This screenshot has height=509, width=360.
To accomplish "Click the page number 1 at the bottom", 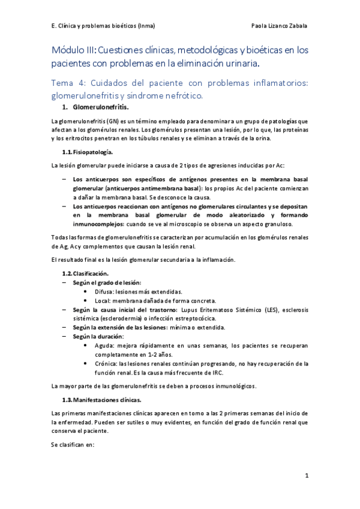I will coord(306,476).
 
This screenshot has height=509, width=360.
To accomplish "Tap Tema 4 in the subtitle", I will coord(69,83).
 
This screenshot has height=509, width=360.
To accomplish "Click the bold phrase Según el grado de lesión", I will coord(107,283).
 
